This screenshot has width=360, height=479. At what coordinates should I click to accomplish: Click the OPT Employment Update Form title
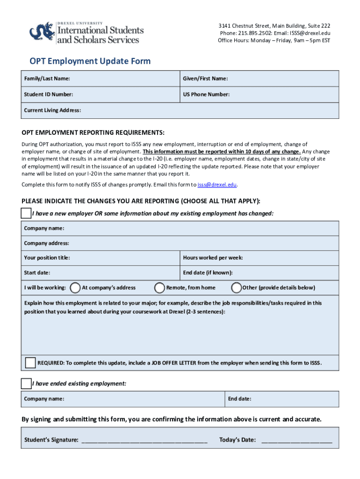click(x=90, y=61)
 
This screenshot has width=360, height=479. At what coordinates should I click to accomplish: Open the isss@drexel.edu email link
click(x=217, y=185)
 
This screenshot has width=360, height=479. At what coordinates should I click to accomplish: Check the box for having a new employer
click(x=26, y=213)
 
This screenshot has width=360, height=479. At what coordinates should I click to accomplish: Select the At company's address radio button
click(x=75, y=287)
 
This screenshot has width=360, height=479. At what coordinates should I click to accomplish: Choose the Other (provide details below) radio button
click(x=237, y=287)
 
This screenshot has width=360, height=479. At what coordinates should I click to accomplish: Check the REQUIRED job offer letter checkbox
click(x=30, y=363)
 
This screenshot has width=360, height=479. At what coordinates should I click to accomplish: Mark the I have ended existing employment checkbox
click(x=26, y=384)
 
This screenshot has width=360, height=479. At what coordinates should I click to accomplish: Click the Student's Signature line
click(x=144, y=440)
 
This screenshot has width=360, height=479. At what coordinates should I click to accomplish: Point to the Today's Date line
click(x=297, y=440)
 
